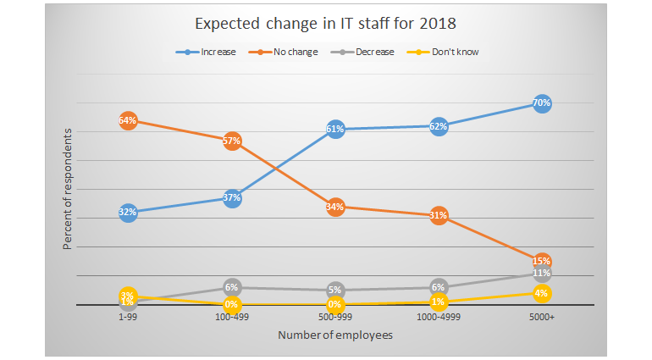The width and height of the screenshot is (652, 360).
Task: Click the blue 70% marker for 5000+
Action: (542, 103)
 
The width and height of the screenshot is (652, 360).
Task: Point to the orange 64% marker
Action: (128, 120)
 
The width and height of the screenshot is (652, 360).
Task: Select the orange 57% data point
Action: (232, 141)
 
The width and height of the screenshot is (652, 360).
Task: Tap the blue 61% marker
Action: (335, 129)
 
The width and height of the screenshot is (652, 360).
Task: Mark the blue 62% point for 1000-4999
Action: (439, 126)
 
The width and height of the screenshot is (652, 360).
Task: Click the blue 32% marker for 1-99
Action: (128, 212)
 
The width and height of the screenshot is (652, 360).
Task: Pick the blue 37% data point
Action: (232, 198)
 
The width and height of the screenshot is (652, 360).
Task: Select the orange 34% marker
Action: (335, 207)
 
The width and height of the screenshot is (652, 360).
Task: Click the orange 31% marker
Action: (439, 215)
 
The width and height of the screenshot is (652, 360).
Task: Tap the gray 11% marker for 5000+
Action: (542, 273)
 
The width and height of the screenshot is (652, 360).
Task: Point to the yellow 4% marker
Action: (542, 293)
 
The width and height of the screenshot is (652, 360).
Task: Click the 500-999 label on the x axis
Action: (335, 317)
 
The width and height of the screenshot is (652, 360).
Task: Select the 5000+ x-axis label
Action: (542, 317)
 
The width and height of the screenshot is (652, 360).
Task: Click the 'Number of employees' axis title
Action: (335, 335)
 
